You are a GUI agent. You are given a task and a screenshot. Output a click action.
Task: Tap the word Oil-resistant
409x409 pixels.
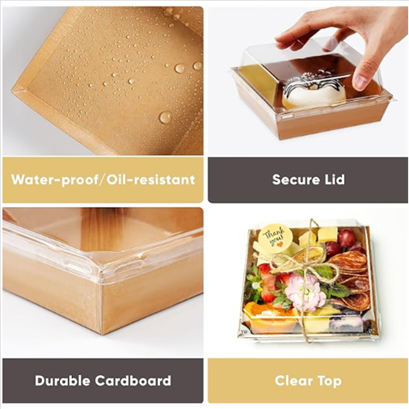click(150, 179)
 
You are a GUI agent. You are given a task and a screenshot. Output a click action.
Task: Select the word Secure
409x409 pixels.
click(295, 179)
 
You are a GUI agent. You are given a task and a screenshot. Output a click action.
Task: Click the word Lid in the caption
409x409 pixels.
click(334, 179)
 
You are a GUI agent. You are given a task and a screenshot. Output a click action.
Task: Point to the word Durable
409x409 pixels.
click(62, 381)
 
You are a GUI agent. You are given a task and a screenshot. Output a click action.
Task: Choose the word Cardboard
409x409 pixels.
click(133, 381)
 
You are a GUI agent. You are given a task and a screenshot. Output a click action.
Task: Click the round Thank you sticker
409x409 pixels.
click(273, 238)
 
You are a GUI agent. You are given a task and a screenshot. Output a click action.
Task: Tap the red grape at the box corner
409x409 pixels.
click(347, 237)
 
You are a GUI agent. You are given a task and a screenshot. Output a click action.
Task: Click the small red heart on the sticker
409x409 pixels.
click(280, 244)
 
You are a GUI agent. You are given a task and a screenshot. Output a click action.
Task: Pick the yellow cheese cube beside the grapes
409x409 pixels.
click(327, 234)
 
